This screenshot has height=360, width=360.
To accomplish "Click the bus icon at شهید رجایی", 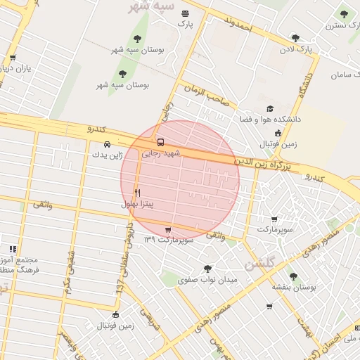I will click(x=161, y=141).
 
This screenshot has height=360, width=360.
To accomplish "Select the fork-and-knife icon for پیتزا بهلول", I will click(x=137, y=192).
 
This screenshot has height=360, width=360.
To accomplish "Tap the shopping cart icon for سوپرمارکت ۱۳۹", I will click(x=167, y=229).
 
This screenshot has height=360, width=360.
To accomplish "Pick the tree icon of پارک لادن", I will click(x=296, y=39).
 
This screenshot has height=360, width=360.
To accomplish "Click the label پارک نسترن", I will click(x=342, y=25).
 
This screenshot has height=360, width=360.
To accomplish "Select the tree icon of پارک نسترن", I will click(x=344, y=14).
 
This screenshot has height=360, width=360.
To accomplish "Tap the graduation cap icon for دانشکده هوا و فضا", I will click(x=270, y=109).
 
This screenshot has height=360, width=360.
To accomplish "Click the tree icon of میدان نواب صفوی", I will click(x=207, y=269).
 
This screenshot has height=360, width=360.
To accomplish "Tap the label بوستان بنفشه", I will click(x=294, y=288).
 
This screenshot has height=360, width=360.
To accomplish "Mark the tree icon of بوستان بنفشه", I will click(x=293, y=276).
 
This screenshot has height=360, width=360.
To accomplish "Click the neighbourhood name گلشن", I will click(x=262, y=264).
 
